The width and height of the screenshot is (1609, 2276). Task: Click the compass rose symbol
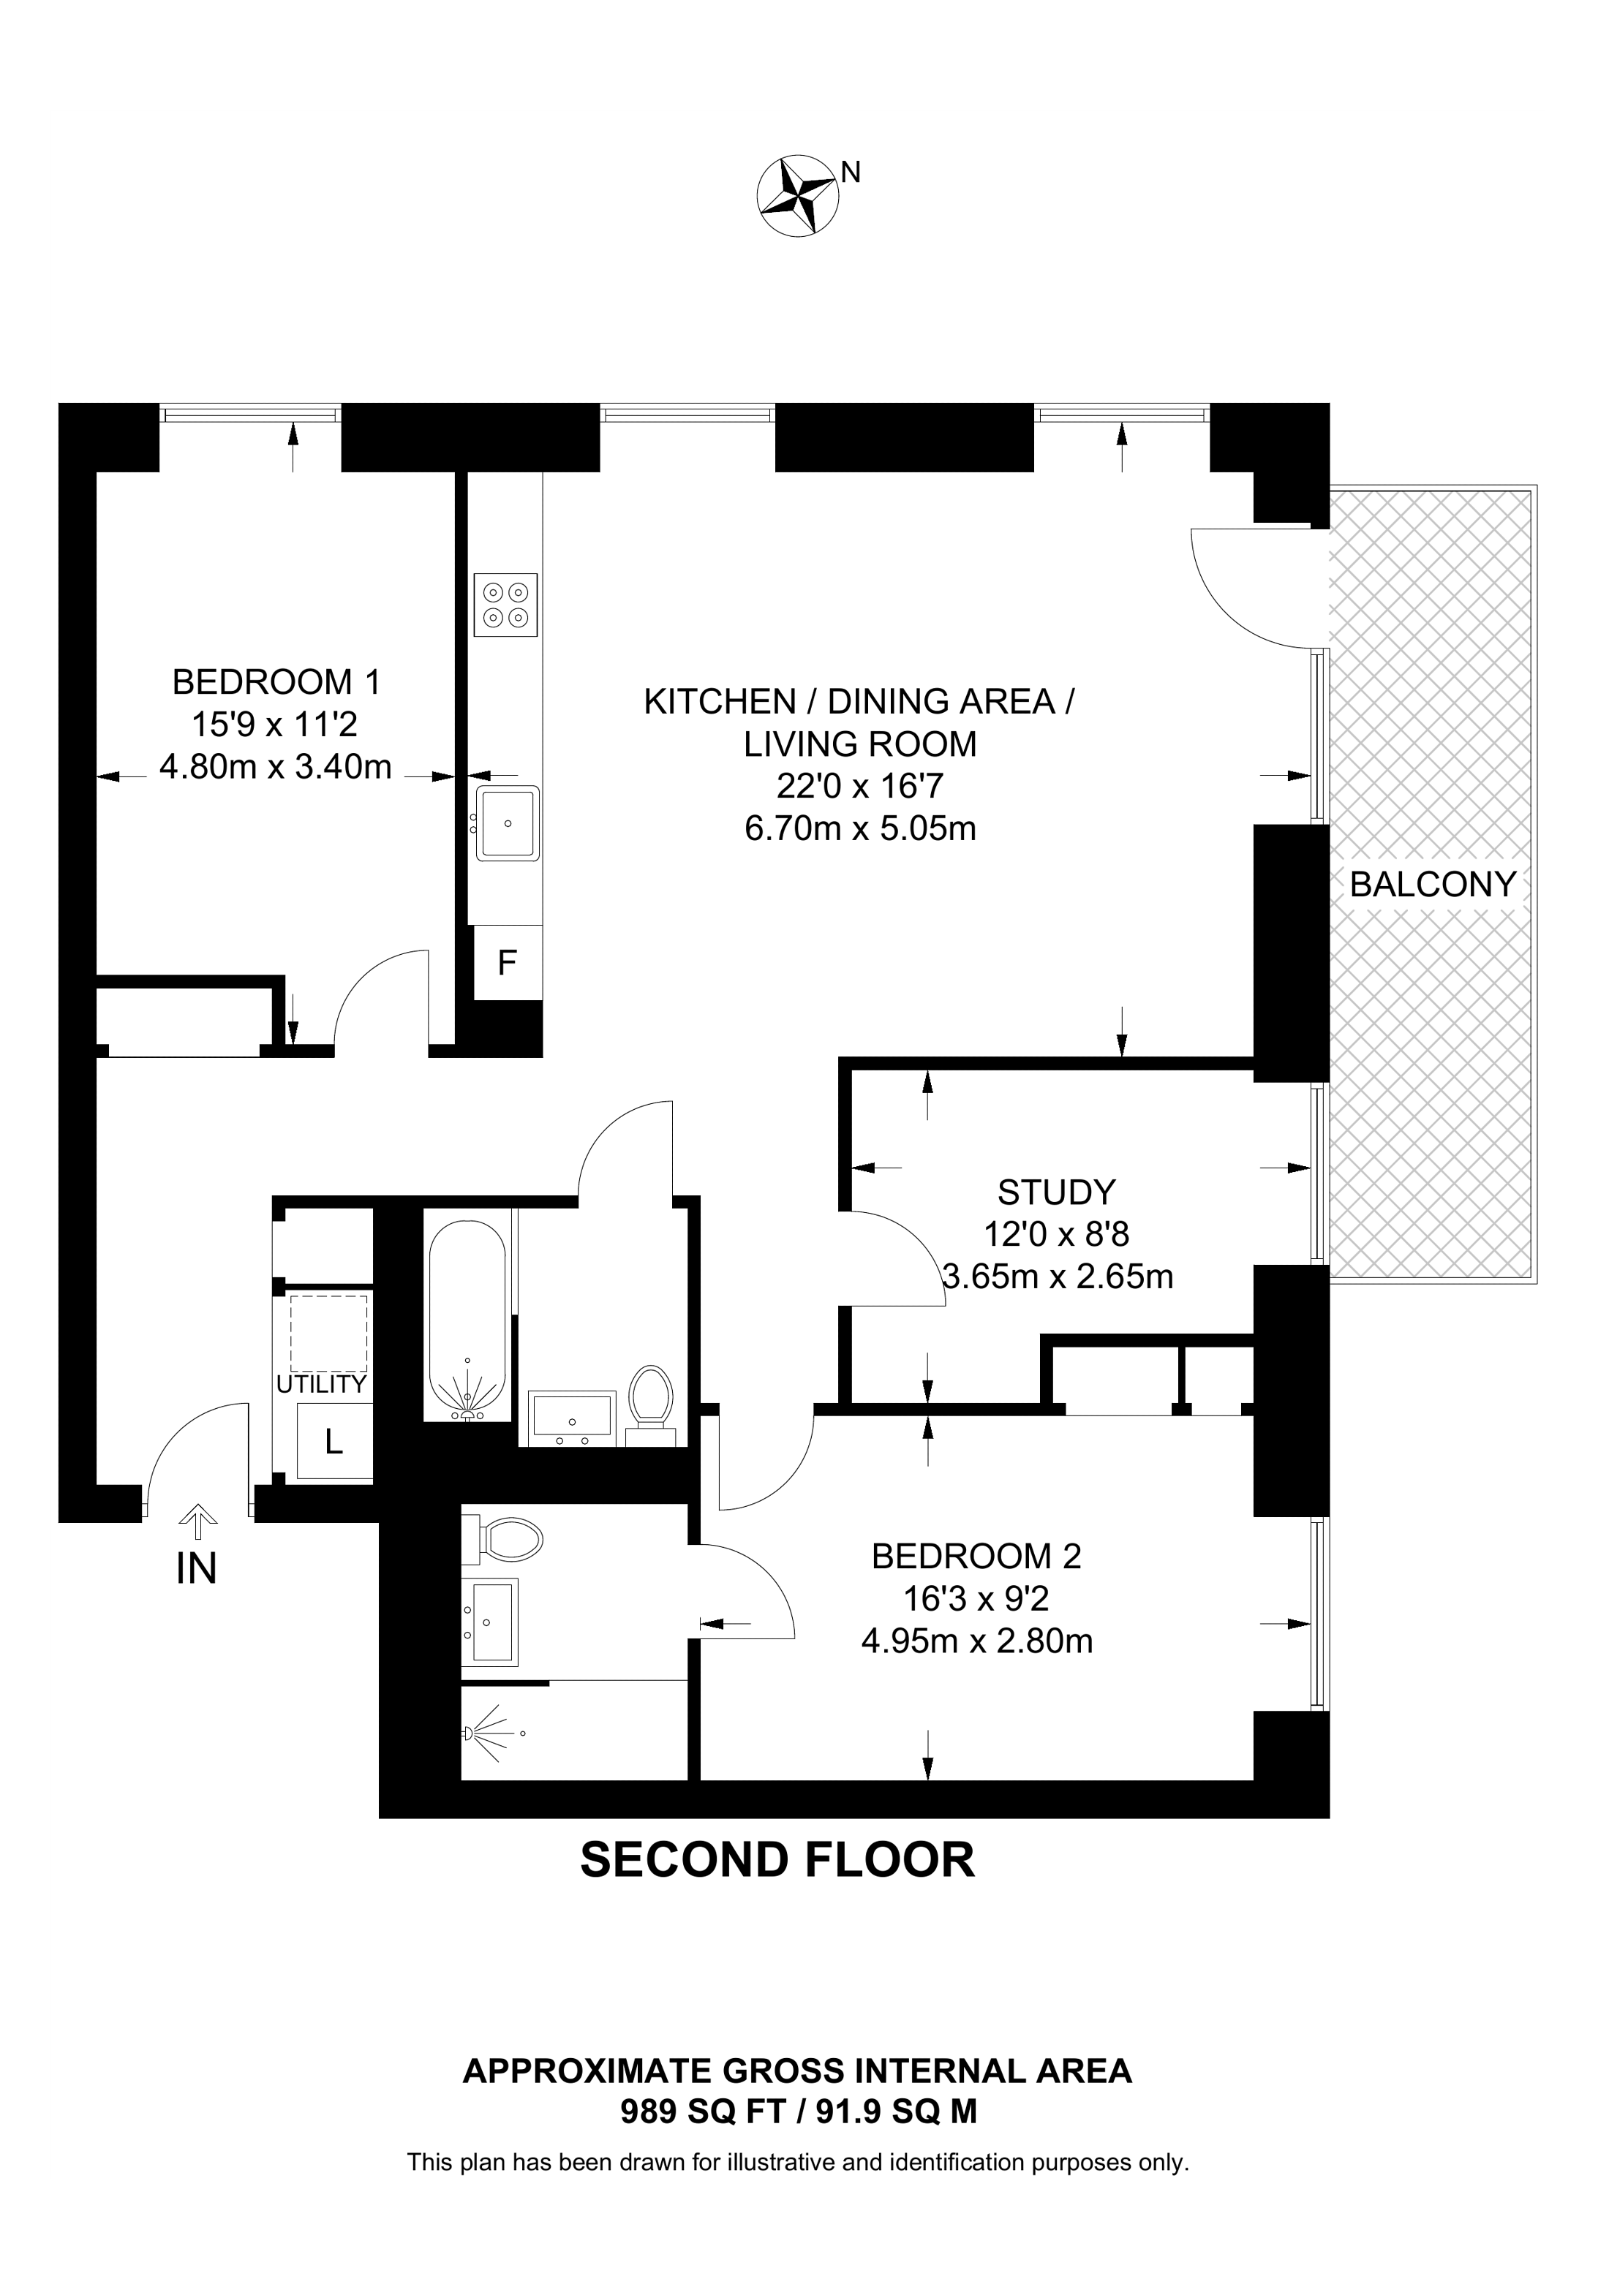(x=798, y=195)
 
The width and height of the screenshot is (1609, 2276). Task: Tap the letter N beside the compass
(x=851, y=173)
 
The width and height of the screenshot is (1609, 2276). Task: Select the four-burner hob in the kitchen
(x=505, y=605)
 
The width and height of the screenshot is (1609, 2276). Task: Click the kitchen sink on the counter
(x=507, y=823)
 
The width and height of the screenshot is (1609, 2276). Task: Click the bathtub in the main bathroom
(x=466, y=1320)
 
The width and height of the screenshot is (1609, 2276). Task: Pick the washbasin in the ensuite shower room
(x=491, y=1622)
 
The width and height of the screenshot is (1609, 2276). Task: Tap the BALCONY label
(x=1433, y=884)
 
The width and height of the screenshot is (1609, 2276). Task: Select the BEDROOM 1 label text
(x=276, y=682)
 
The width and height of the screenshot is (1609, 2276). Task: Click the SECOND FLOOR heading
(x=778, y=1860)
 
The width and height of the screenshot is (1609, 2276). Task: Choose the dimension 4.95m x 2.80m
(x=978, y=1641)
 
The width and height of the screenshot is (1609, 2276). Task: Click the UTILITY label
(x=321, y=1384)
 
